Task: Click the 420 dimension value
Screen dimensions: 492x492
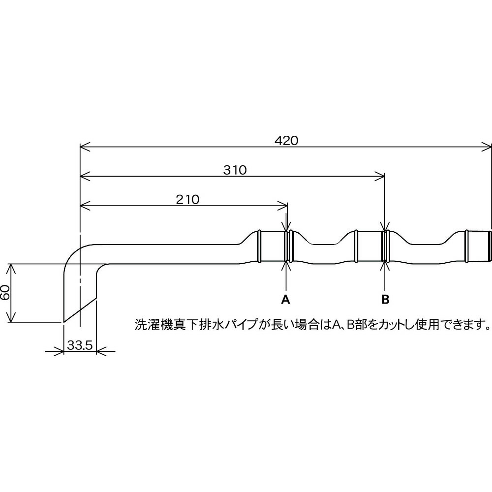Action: [286, 141]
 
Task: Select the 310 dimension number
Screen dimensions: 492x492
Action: [235, 170]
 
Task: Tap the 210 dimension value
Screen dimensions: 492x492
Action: [187, 200]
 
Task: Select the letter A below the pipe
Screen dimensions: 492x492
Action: [285, 300]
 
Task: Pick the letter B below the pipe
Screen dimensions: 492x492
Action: [385, 300]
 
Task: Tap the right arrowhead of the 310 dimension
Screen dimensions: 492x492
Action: [380, 176]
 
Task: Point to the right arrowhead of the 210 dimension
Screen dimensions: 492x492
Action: [282, 206]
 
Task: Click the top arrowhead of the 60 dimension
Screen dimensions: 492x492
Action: [11, 269]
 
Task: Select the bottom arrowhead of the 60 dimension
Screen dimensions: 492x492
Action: [11, 317]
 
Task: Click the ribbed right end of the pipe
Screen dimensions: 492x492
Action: [490, 246]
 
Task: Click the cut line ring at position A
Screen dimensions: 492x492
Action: [286, 246]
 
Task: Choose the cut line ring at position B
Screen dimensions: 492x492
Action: [385, 246]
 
